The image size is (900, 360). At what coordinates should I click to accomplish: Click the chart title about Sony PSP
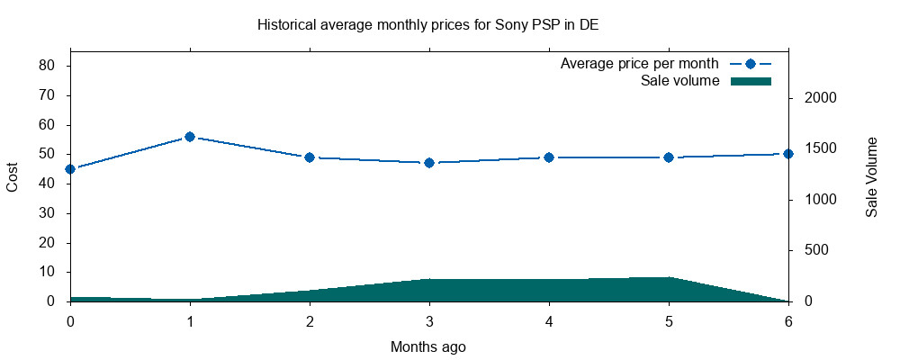427,25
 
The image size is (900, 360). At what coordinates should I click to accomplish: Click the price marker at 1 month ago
190,137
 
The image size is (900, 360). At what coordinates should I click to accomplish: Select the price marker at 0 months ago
70,169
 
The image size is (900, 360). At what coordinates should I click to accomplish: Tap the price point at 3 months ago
429,163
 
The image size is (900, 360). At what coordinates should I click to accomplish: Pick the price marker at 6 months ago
788,154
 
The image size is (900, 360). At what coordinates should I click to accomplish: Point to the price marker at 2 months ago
310,157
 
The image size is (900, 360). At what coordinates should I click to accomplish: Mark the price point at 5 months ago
669,157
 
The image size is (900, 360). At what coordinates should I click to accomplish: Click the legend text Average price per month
639,64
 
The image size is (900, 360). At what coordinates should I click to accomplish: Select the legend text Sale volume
679,81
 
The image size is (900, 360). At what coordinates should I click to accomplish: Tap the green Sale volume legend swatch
751,81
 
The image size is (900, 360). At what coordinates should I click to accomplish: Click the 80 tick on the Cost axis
49,66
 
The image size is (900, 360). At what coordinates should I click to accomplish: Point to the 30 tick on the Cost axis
49,213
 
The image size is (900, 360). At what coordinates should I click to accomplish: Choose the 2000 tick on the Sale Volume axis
819,98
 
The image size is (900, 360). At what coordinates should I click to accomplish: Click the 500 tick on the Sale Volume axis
815,251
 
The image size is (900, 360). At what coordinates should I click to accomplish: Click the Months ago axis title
428,346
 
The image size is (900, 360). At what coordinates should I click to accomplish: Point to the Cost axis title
13,176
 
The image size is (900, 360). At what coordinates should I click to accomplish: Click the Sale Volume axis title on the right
871,177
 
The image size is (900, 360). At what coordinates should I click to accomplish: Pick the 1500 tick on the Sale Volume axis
819,149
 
